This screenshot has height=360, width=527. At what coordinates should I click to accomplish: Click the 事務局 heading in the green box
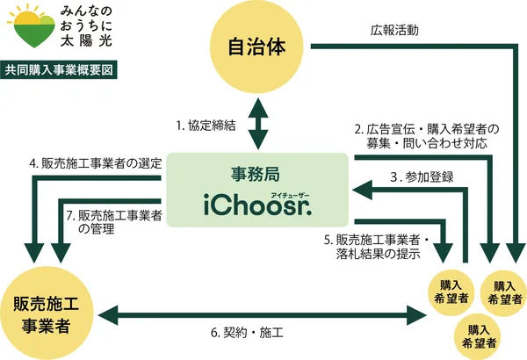[257, 173]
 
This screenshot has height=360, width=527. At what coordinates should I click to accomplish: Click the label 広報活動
[395, 29]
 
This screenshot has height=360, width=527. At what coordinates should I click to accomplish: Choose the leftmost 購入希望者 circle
[449, 292]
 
